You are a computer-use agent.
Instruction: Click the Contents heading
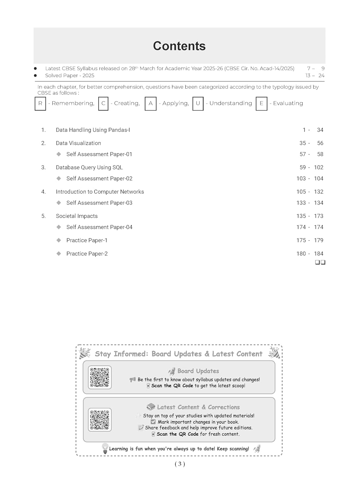(x=179, y=46)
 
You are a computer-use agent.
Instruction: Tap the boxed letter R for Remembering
(x=40, y=103)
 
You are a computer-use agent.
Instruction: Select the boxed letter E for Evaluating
(x=261, y=103)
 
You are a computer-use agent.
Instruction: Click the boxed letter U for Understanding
(x=198, y=103)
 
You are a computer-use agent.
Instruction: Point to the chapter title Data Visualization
(x=78, y=143)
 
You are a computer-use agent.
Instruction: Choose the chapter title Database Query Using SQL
(x=89, y=168)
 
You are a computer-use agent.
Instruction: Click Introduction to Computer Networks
(x=100, y=192)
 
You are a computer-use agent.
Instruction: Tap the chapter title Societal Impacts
(x=77, y=216)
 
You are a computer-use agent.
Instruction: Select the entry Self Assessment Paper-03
(x=99, y=203)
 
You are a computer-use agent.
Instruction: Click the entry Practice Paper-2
(x=87, y=254)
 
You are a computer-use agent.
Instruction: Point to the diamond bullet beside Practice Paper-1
(x=59, y=240)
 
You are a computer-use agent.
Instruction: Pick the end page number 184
(x=318, y=254)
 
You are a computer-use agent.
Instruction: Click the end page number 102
(x=318, y=168)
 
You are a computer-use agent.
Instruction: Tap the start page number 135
(x=301, y=216)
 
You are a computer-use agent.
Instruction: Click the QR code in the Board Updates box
(x=100, y=377)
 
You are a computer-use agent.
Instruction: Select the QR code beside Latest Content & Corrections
(x=100, y=420)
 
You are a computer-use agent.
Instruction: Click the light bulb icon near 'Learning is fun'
(x=105, y=448)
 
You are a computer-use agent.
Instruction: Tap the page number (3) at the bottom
(x=180, y=464)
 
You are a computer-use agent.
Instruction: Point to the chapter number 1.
(x=43, y=130)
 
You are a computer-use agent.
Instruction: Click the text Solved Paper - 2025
(x=70, y=76)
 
